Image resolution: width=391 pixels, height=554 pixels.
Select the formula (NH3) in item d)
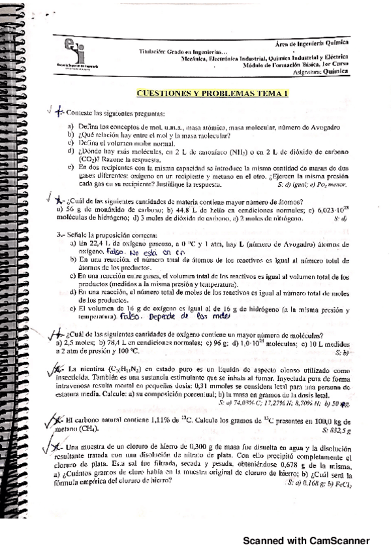pos(240,151)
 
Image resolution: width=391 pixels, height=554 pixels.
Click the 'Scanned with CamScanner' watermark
pos(306,540)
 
